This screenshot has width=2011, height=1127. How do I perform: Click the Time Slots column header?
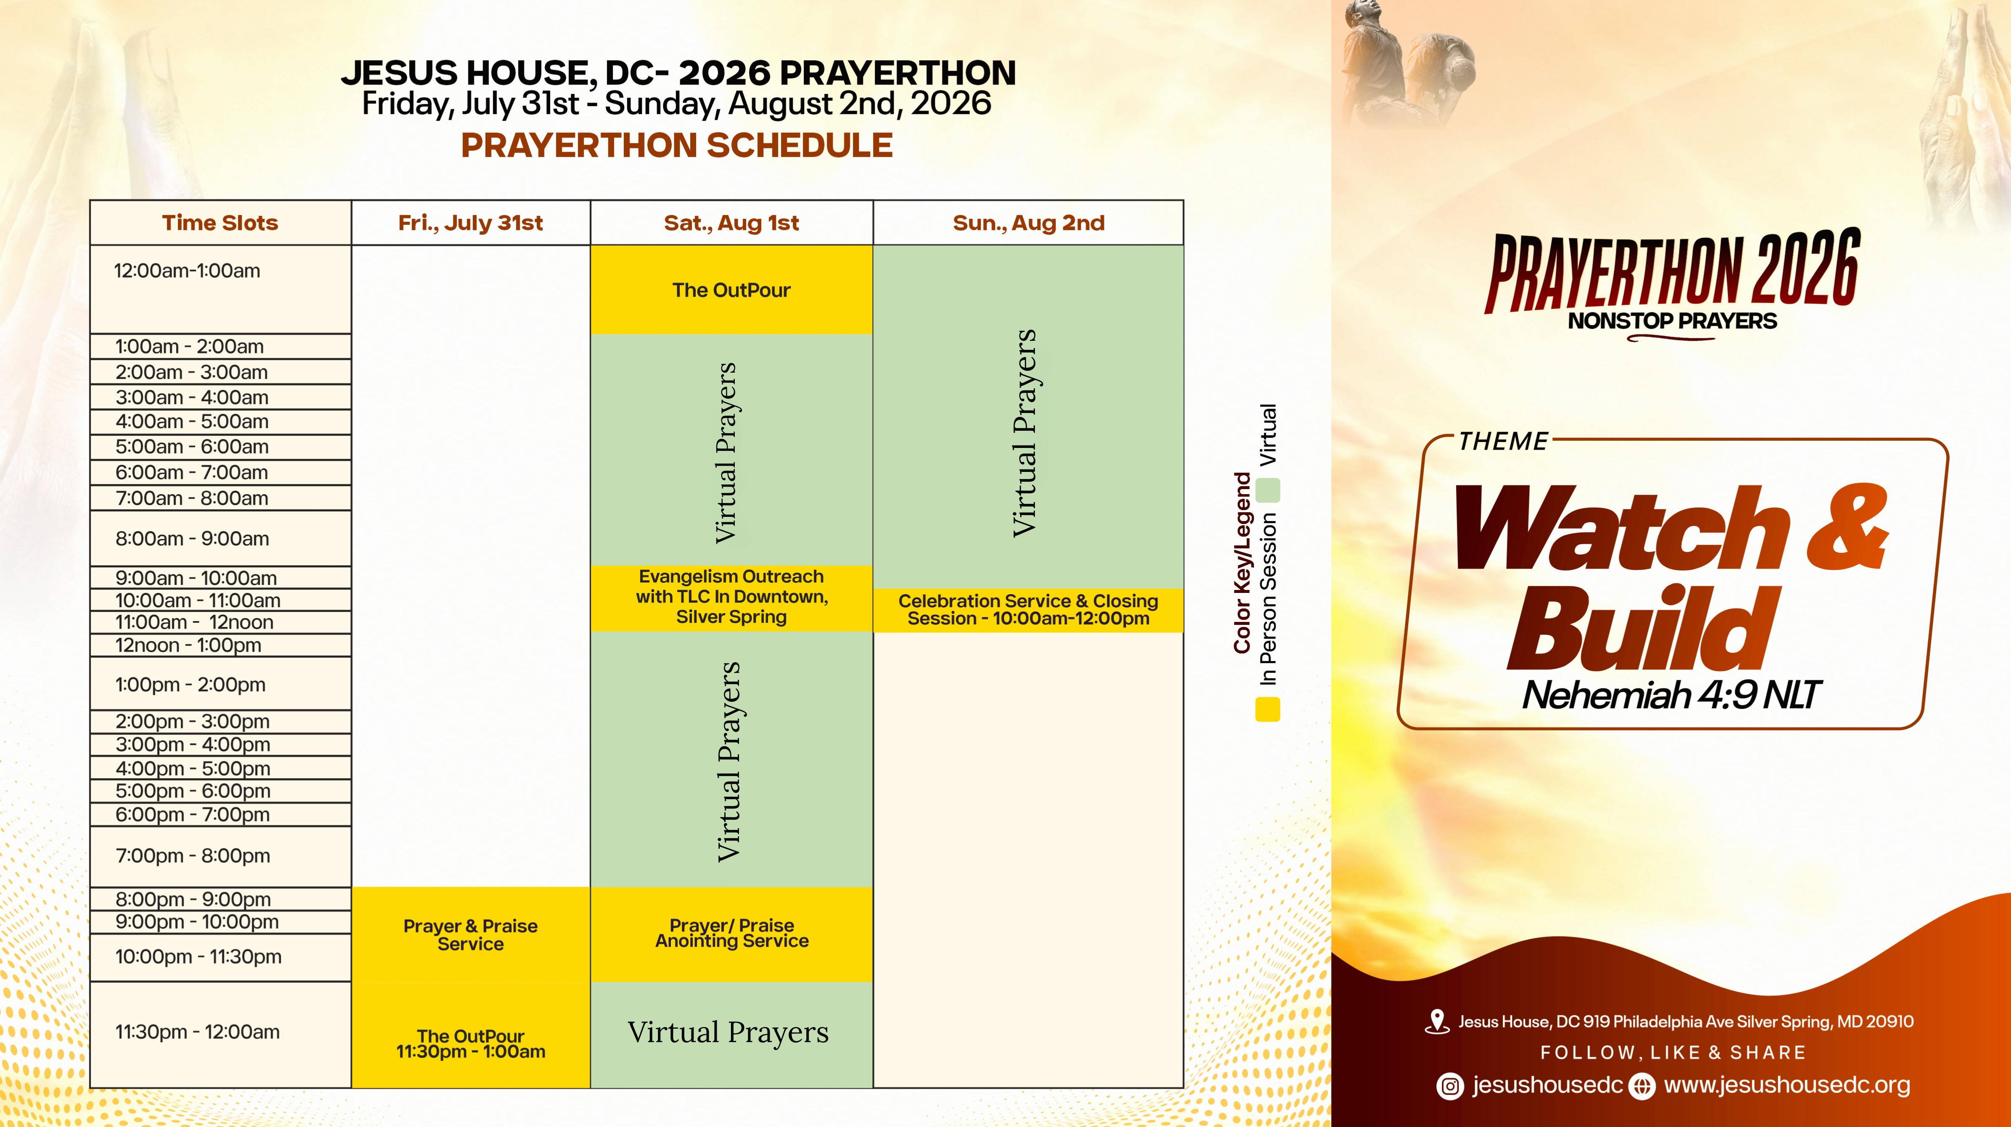(220, 223)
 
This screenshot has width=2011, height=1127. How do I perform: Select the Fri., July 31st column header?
(471, 223)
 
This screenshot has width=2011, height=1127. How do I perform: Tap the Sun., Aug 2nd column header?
(1029, 223)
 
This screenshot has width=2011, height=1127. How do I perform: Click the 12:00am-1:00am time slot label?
(187, 271)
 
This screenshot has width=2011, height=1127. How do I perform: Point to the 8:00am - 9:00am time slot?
(192, 539)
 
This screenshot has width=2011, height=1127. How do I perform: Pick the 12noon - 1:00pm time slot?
(188, 645)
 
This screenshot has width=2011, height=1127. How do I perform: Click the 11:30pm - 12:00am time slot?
(198, 1032)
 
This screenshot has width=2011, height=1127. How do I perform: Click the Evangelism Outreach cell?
(731, 597)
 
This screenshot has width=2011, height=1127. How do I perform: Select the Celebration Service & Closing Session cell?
(1028, 610)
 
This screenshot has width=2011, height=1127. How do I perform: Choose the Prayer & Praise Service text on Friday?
(471, 935)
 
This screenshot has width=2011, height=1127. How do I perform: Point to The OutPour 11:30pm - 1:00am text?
(471, 1044)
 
